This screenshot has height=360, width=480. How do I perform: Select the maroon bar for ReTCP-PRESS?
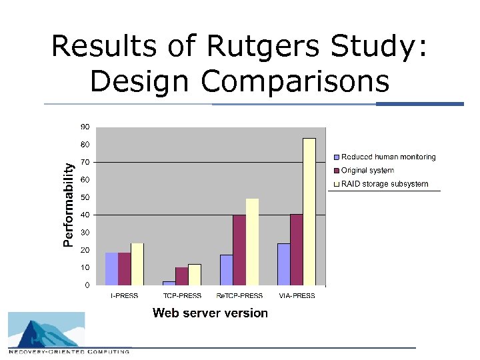(239, 250)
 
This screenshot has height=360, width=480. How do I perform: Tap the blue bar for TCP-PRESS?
(169, 283)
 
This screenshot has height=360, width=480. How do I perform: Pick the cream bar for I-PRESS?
(137, 264)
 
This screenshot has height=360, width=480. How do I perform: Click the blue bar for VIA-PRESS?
(284, 264)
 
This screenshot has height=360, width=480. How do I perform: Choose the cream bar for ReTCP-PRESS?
(252, 242)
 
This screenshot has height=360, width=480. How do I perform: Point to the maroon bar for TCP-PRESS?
(181, 276)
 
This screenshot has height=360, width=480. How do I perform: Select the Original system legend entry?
(367, 171)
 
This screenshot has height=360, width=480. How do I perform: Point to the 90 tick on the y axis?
(85, 127)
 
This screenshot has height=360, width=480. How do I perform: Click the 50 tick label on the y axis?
(85, 197)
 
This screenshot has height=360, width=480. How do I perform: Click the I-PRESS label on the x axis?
(125, 295)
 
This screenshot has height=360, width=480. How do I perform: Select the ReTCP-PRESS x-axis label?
(240, 295)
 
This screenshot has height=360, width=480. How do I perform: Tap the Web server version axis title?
(210, 313)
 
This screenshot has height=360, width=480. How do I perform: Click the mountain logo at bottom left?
(47, 331)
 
